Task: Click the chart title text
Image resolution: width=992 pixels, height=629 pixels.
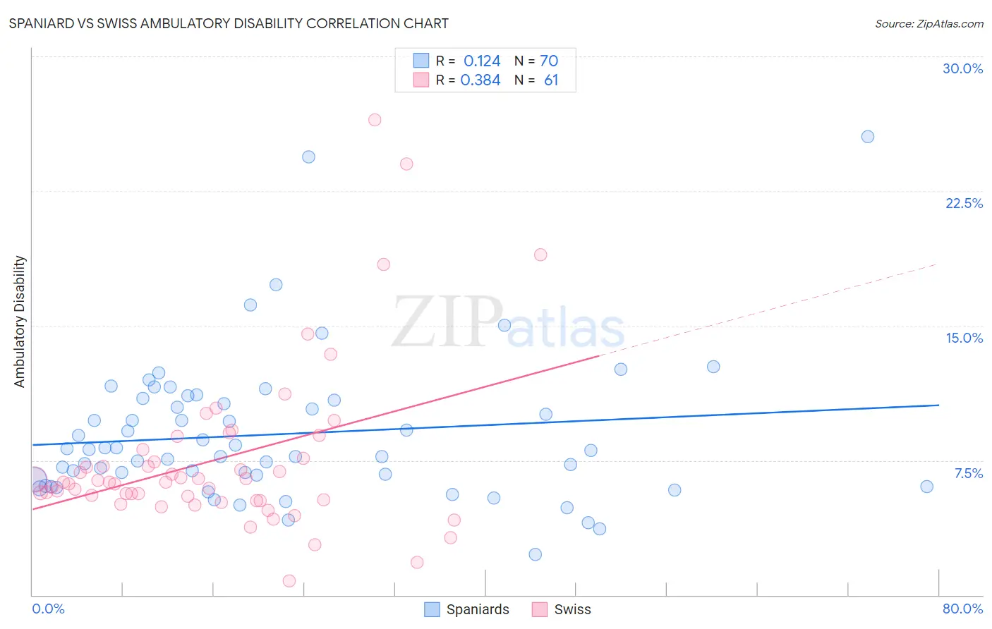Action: click(229, 23)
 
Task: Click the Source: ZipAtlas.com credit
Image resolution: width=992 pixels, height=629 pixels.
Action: click(929, 23)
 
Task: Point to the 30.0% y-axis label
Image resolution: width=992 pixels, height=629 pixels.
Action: click(962, 68)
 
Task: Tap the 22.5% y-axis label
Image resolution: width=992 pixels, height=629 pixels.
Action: click(964, 203)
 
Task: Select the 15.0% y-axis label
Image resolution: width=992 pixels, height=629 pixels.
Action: click(964, 338)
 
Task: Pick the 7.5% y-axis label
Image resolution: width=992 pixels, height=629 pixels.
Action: click(968, 473)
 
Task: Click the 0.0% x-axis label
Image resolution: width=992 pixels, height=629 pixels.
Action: click(48, 609)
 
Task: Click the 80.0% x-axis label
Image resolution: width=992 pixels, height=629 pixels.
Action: click(962, 609)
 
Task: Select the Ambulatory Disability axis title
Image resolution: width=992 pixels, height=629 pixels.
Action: click(20, 322)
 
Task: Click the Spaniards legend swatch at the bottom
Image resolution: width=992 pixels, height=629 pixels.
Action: click(432, 609)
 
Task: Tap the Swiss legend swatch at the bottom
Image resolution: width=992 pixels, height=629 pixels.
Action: click(540, 609)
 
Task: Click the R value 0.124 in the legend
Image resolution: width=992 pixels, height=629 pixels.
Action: click(482, 61)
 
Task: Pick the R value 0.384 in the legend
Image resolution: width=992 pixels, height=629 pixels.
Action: click(480, 80)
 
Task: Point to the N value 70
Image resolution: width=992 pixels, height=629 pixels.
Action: click(549, 61)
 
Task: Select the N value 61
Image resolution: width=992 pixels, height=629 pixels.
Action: click(551, 80)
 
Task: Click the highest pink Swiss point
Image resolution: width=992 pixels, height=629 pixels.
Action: click(375, 120)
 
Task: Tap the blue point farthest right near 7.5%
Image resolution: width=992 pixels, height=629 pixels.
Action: click(927, 487)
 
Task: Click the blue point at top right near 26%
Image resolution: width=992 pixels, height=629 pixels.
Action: click(868, 137)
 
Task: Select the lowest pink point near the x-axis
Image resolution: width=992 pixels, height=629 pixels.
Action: click(289, 581)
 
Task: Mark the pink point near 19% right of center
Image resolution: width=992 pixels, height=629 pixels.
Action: click(540, 255)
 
